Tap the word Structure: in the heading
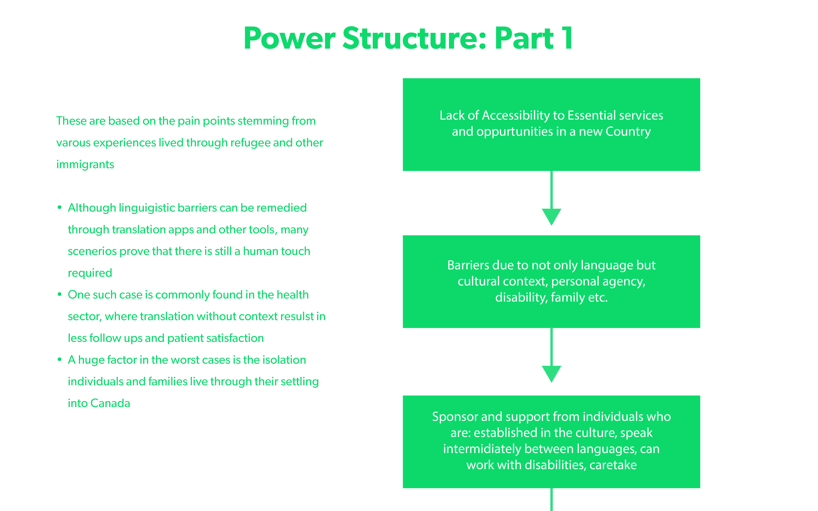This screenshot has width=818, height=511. [414, 38]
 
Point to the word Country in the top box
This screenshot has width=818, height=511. [628, 132]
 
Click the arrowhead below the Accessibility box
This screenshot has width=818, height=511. [551, 217]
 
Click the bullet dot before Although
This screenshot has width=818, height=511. [60, 207]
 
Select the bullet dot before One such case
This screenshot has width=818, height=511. [60, 294]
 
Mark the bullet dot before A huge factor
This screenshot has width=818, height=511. [60, 360]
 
